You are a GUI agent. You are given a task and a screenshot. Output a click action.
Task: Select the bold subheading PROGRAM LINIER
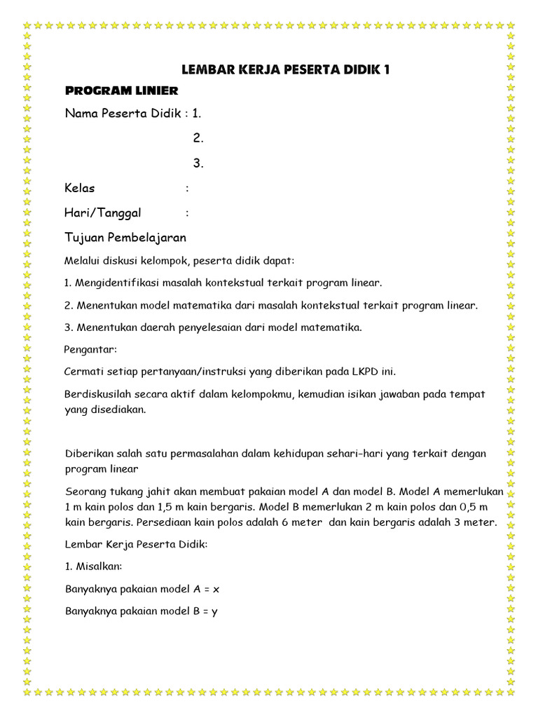click(121, 90)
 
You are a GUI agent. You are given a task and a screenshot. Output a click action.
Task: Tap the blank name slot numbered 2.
click(198, 138)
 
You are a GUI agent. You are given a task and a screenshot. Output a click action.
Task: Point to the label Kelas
click(80, 188)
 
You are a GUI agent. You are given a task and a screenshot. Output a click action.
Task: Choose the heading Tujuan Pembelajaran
click(125, 237)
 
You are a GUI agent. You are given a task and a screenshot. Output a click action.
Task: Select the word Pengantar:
click(91, 348)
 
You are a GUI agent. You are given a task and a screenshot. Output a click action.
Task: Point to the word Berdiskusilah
click(99, 394)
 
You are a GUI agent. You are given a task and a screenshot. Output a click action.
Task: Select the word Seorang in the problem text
click(84, 491)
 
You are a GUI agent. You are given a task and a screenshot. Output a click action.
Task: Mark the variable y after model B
click(214, 611)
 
